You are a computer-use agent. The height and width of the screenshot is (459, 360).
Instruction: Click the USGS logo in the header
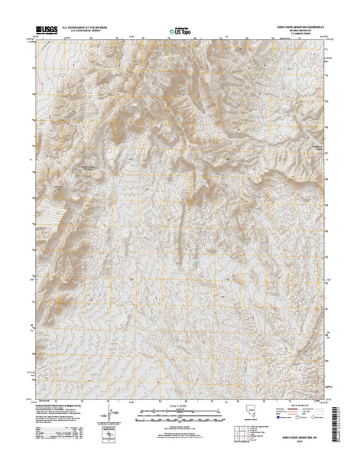tap(44, 32)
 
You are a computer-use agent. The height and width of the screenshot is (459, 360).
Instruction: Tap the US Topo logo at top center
tap(180, 32)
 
